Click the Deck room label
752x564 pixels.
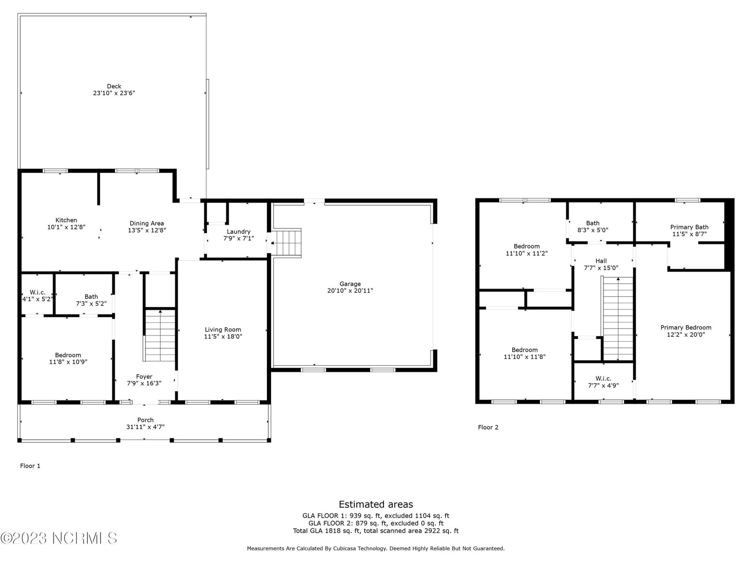click(x=114, y=86)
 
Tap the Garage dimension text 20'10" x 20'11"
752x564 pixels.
click(x=350, y=291)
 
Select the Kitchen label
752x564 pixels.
click(x=66, y=220)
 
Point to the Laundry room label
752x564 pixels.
click(x=238, y=232)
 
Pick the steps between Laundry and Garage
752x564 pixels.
click(x=286, y=243)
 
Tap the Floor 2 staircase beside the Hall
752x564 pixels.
click(x=618, y=319)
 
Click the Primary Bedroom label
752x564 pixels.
click(x=686, y=328)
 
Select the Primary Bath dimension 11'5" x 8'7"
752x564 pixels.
click(x=689, y=234)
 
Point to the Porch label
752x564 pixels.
click(x=145, y=420)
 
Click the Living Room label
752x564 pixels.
click(x=223, y=329)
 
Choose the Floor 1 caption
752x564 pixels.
click(x=30, y=466)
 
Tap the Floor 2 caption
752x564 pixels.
click(x=488, y=427)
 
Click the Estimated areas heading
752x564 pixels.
click(x=376, y=504)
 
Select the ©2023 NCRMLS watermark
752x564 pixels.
click(x=59, y=538)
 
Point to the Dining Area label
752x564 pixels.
click(x=147, y=223)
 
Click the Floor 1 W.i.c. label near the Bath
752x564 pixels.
click(x=37, y=292)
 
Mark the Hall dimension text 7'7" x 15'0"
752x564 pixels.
click(x=601, y=268)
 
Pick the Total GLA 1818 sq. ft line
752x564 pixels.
click(x=376, y=531)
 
